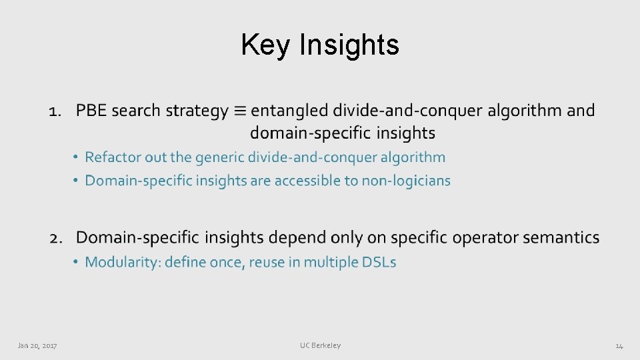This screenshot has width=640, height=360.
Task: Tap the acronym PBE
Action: pyautogui.click(x=91, y=111)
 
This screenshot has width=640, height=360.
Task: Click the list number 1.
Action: pyautogui.click(x=55, y=111)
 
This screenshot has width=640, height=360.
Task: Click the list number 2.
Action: pyautogui.click(x=57, y=238)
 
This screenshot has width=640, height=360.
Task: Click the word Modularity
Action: pyautogui.click(x=121, y=262)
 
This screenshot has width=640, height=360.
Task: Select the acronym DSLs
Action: pyautogui.click(x=379, y=262)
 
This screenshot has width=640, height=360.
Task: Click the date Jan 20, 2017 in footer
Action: pyautogui.click(x=37, y=345)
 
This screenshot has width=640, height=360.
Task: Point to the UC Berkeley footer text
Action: pyautogui.click(x=320, y=345)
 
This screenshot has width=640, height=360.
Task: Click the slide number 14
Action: pyautogui.click(x=619, y=345)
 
